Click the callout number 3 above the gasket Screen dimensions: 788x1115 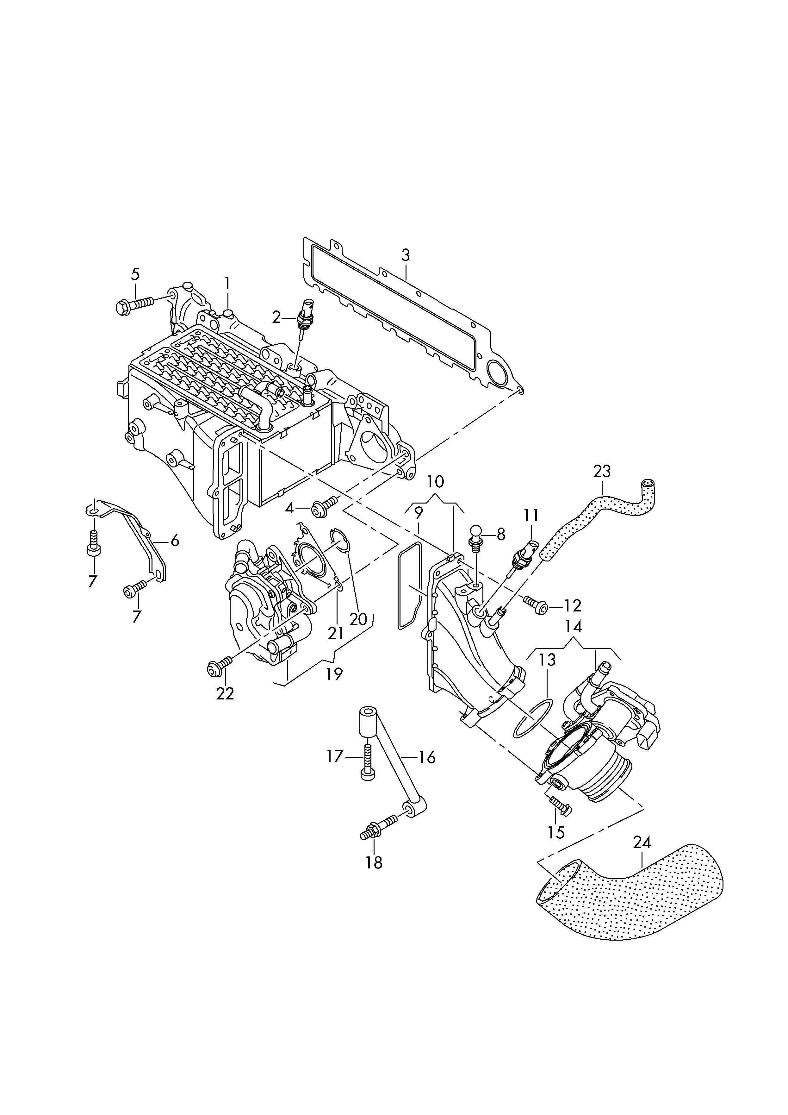(x=406, y=255)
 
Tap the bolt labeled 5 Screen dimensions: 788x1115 (x=134, y=304)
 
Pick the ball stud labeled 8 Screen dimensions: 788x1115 (x=477, y=534)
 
